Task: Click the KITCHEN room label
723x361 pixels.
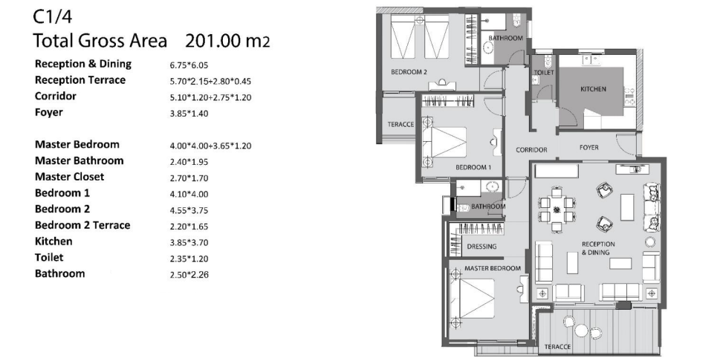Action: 593,88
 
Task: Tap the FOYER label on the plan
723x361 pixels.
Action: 589,148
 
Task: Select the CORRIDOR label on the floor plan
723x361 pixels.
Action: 531,150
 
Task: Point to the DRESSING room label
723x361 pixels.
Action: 482,246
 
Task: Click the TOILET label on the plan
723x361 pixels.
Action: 544,73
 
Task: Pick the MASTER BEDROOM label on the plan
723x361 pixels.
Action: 493,268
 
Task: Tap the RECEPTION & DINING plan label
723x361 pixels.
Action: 598,248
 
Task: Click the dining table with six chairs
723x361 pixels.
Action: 557,209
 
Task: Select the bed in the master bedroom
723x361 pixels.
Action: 472,298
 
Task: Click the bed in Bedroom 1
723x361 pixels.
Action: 444,142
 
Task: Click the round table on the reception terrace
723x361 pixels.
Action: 581,330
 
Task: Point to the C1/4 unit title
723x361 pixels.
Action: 53,17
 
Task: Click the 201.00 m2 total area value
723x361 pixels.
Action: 227,41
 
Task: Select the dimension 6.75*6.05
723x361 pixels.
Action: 189,65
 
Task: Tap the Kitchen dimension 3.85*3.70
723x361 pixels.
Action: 189,243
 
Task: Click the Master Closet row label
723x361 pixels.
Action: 70,177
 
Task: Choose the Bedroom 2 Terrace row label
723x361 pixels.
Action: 82,225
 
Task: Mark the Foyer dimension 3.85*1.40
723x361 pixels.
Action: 189,114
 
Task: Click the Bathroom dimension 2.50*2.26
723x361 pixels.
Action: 189,276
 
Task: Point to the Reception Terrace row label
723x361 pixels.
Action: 80,80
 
